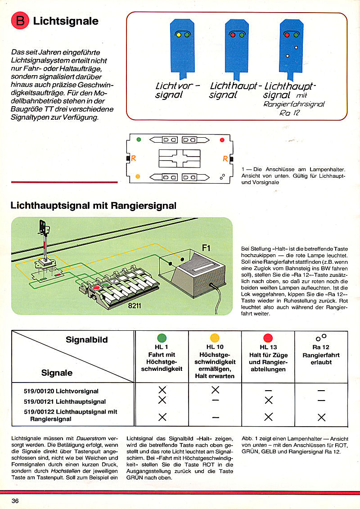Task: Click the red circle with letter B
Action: pyautogui.click(x=21, y=21)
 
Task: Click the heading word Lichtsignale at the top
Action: pyautogui.click(x=66, y=21)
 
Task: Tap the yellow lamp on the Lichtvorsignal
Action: pyautogui.click(x=178, y=34)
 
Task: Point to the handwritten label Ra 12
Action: pyautogui.click(x=288, y=113)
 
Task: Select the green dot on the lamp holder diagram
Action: pyautogui.click(x=139, y=140)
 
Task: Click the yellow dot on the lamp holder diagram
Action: pyautogui.click(x=138, y=176)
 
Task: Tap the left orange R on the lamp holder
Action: pyautogui.click(x=134, y=158)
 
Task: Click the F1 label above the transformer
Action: pyautogui.click(x=206, y=247)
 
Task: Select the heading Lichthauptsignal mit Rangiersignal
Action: pyautogui.click(x=93, y=206)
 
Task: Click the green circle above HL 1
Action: pyautogui.click(x=162, y=338)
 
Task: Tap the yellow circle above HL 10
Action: pyautogui.click(x=215, y=338)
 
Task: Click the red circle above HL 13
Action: pyautogui.click(x=268, y=338)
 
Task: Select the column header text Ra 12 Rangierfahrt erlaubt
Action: pyautogui.click(x=321, y=355)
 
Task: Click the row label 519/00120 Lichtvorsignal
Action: pyautogui.click(x=61, y=391)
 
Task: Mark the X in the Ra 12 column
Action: pyautogui.click(x=321, y=417)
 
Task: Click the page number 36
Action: pyautogui.click(x=15, y=500)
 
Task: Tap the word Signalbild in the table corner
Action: pyautogui.click(x=87, y=340)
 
